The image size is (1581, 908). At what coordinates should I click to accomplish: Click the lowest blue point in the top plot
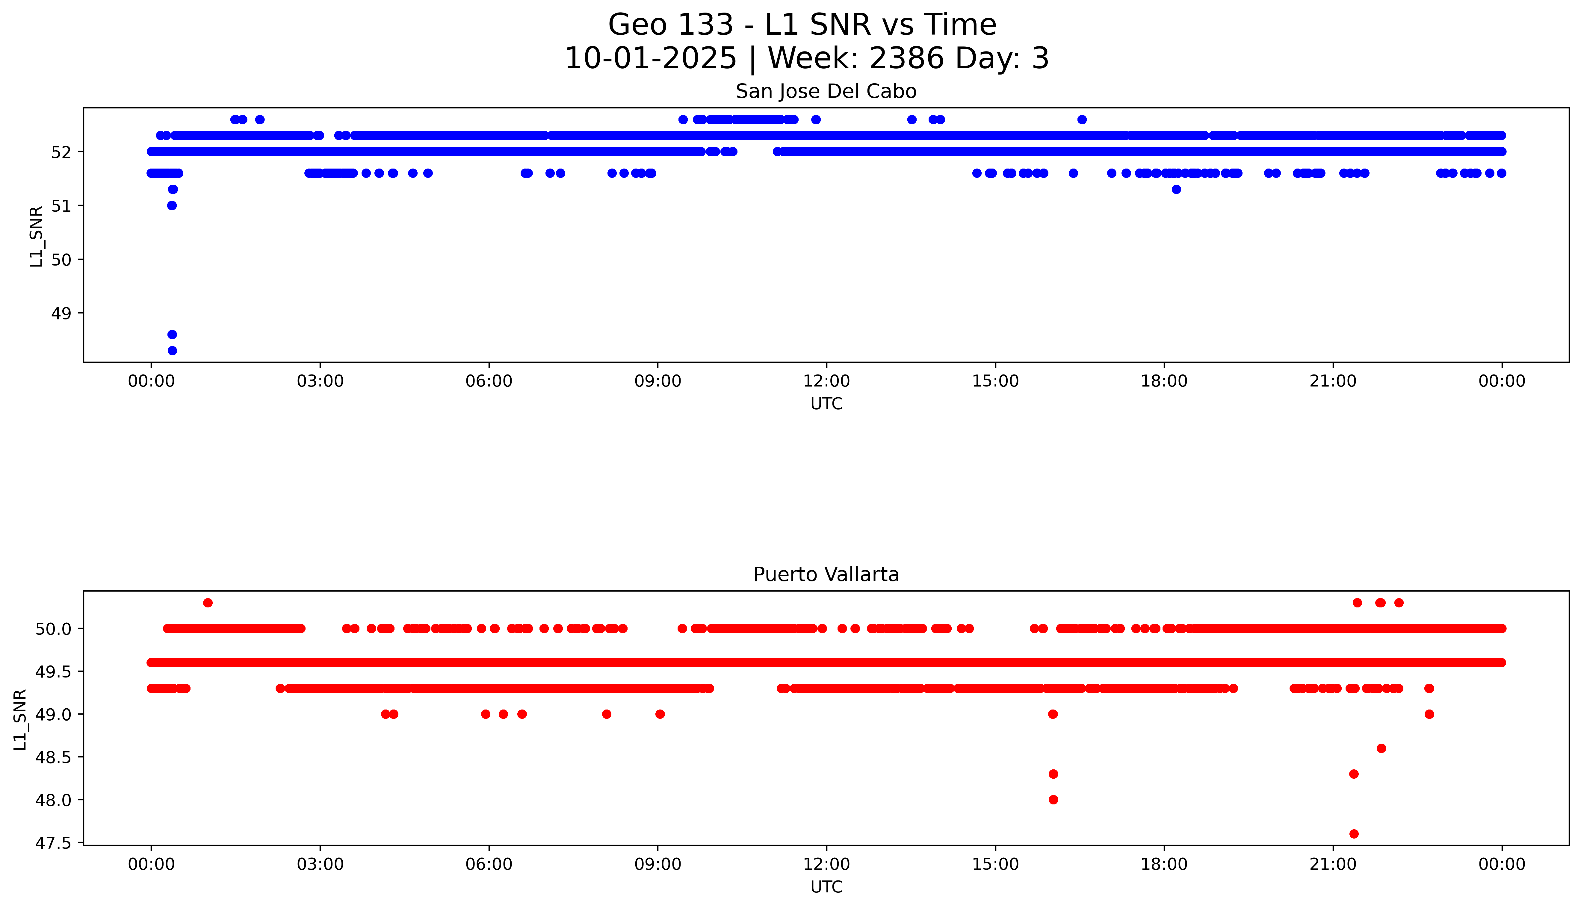172,351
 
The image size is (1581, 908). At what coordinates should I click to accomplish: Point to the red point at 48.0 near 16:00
1053,800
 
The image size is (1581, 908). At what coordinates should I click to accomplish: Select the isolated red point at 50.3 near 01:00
208,602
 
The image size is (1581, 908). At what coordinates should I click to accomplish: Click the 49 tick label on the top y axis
61,313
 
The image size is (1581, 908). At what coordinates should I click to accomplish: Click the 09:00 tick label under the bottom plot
658,864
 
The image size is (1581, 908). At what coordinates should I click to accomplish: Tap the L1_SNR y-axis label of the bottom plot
20,719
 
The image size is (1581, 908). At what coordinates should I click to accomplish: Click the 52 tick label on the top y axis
61,151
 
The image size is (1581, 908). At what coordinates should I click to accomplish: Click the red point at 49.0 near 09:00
660,714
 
